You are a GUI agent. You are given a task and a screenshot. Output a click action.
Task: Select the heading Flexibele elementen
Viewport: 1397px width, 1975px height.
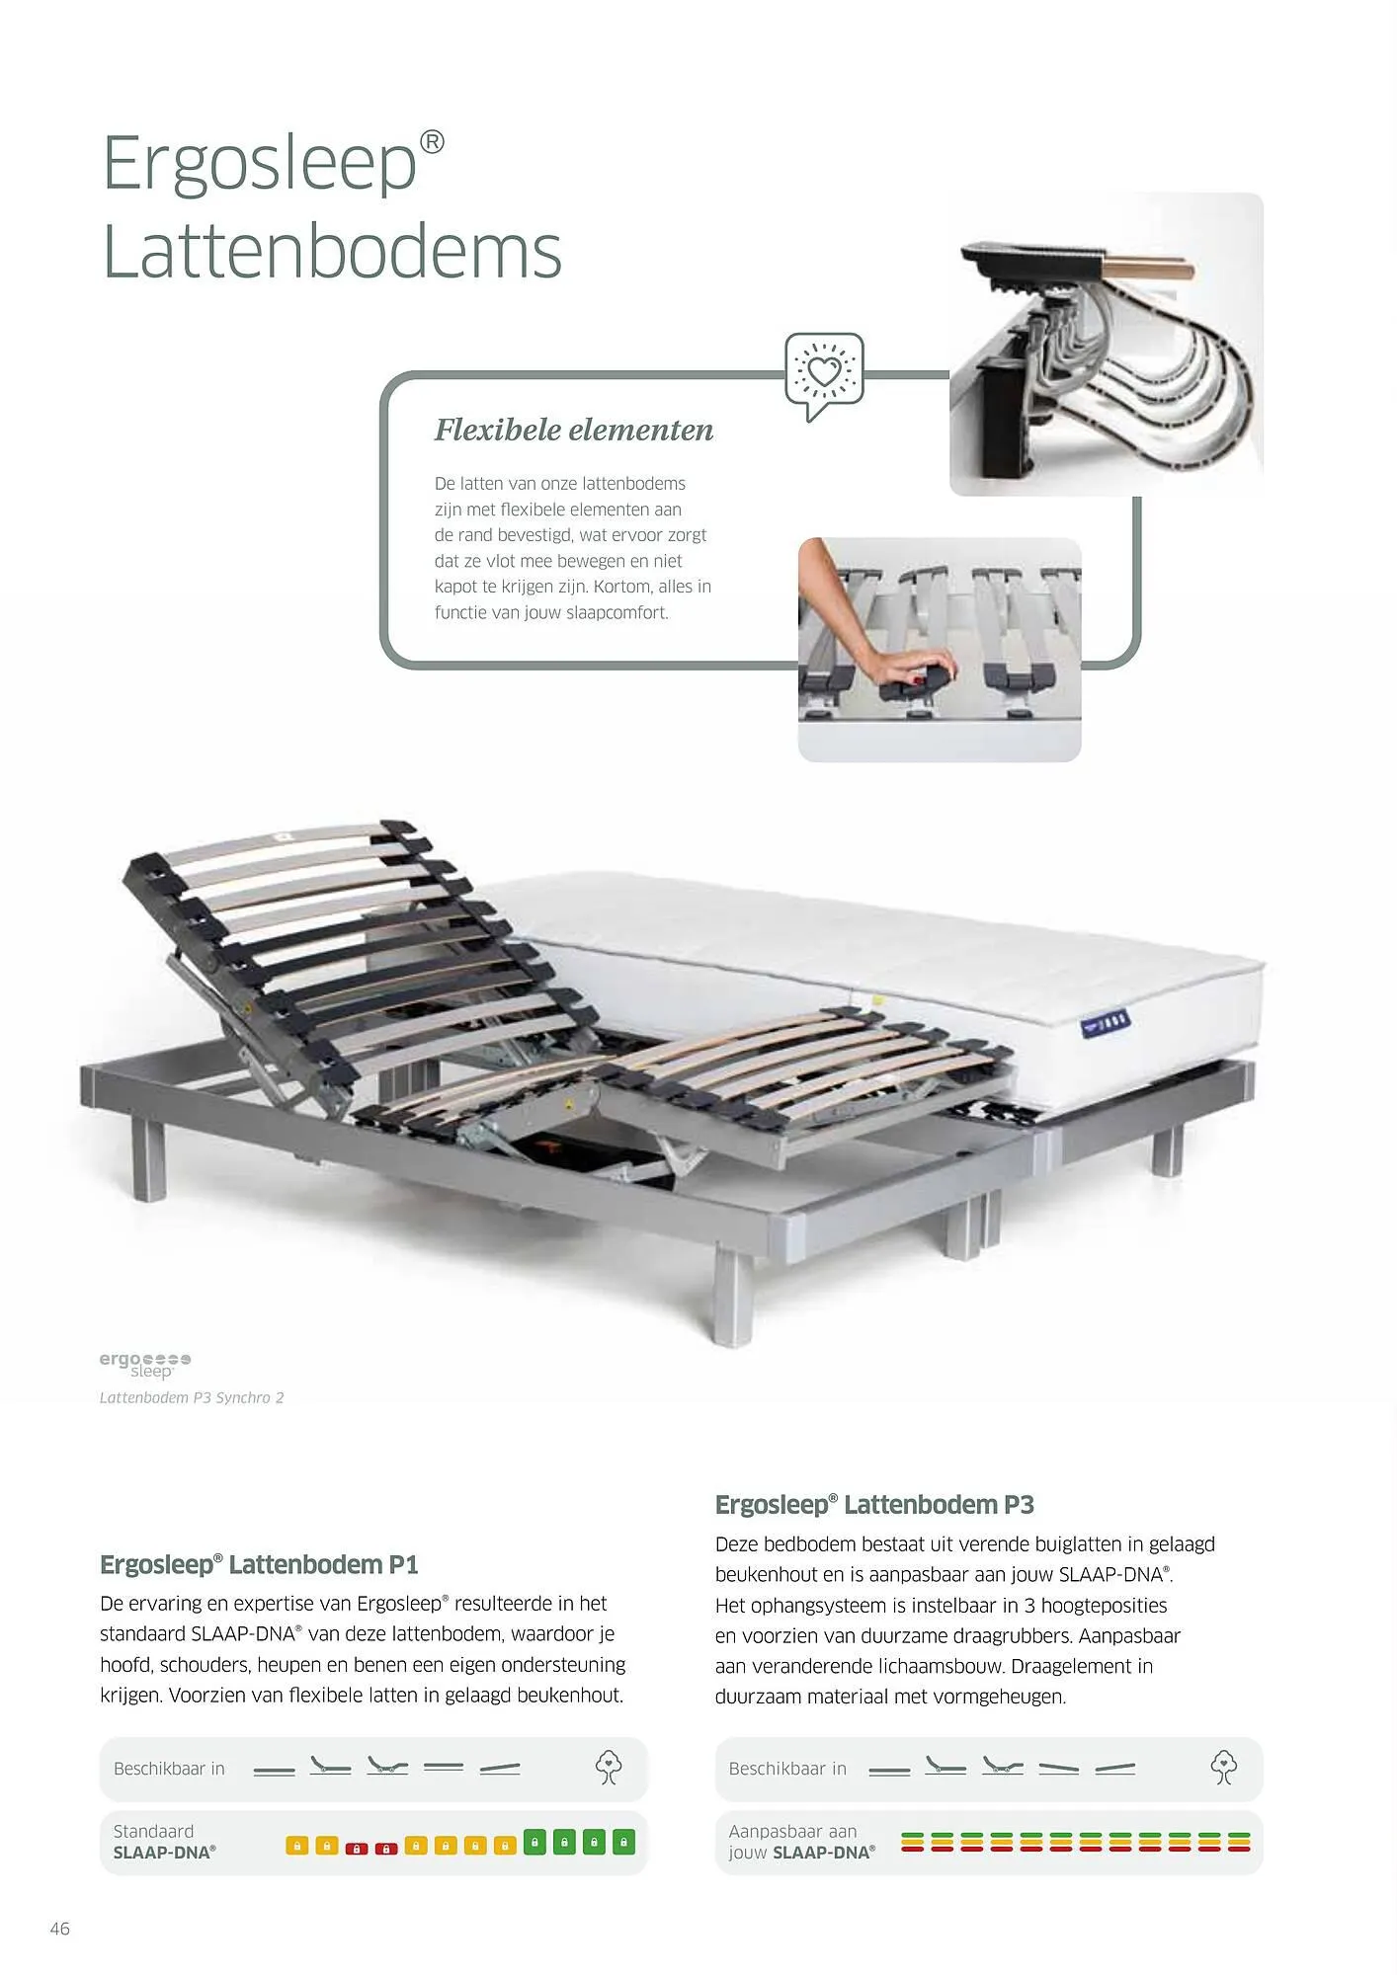tap(574, 431)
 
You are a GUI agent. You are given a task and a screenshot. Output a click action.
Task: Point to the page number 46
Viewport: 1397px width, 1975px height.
tap(60, 1929)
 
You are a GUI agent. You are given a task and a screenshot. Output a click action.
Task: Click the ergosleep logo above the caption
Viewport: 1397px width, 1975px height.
tap(145, 1364)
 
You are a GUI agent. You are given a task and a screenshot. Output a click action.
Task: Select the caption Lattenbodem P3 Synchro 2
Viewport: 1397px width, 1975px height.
tap(192, 1397)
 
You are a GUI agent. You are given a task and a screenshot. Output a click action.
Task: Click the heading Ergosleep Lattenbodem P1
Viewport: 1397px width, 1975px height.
tap(259, 1564)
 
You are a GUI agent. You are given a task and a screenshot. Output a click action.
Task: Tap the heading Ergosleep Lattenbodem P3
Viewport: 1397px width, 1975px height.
tap(874, 1505)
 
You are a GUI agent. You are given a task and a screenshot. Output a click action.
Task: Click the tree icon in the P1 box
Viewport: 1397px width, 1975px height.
tap(609, 1768)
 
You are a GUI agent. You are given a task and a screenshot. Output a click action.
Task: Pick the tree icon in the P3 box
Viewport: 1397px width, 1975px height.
tap(1224, 1768)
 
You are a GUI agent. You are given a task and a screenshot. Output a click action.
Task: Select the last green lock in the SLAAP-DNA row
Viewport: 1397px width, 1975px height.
tap(623, 1843)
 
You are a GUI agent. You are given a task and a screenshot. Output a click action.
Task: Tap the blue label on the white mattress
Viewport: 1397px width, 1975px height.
tap(1105, 1024)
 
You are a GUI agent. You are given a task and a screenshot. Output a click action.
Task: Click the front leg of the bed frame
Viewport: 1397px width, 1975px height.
tap(735, 1296)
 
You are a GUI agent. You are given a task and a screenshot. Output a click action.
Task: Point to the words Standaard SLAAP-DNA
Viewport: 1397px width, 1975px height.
tap(164, 1843)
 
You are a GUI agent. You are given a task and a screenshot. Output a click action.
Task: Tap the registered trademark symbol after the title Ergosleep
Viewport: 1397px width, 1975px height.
tap(433, 142)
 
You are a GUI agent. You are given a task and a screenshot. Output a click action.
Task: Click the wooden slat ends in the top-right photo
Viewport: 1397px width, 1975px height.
tap(1150, 267)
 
